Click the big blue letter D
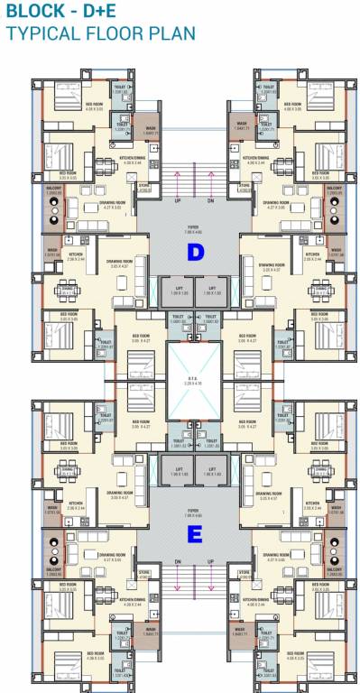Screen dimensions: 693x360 click(x=194, y=253)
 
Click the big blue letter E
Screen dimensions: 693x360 click(x=194, y=535)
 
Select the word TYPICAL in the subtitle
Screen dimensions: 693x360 click(x=45, y=34)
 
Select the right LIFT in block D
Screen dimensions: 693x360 click(x=209, y=290)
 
